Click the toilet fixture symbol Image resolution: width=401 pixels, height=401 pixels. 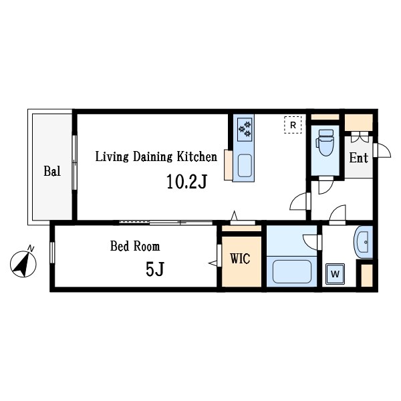[325, 142]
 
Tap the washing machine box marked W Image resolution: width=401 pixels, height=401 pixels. [335, 274]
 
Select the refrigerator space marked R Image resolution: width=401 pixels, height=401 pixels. [293, 125]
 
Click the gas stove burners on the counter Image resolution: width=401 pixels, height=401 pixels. [245, 130]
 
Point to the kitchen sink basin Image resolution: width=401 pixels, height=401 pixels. [245, 166]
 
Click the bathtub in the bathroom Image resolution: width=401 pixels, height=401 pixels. [292, 271]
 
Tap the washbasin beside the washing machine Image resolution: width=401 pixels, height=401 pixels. [364, 242]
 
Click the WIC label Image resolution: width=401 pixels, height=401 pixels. [240, 259]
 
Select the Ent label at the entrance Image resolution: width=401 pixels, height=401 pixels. [358, 158]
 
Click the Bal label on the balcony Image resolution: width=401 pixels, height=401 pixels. [52, 171]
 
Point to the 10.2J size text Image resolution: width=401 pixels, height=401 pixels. [186, 182]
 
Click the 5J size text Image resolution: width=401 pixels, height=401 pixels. [155, 269]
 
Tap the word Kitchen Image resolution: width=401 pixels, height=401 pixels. [197, 156]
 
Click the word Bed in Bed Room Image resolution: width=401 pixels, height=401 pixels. [120, 246]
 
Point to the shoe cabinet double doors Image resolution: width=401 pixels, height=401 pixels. [360, 137]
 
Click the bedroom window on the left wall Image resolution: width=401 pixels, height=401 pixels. [52, 253]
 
